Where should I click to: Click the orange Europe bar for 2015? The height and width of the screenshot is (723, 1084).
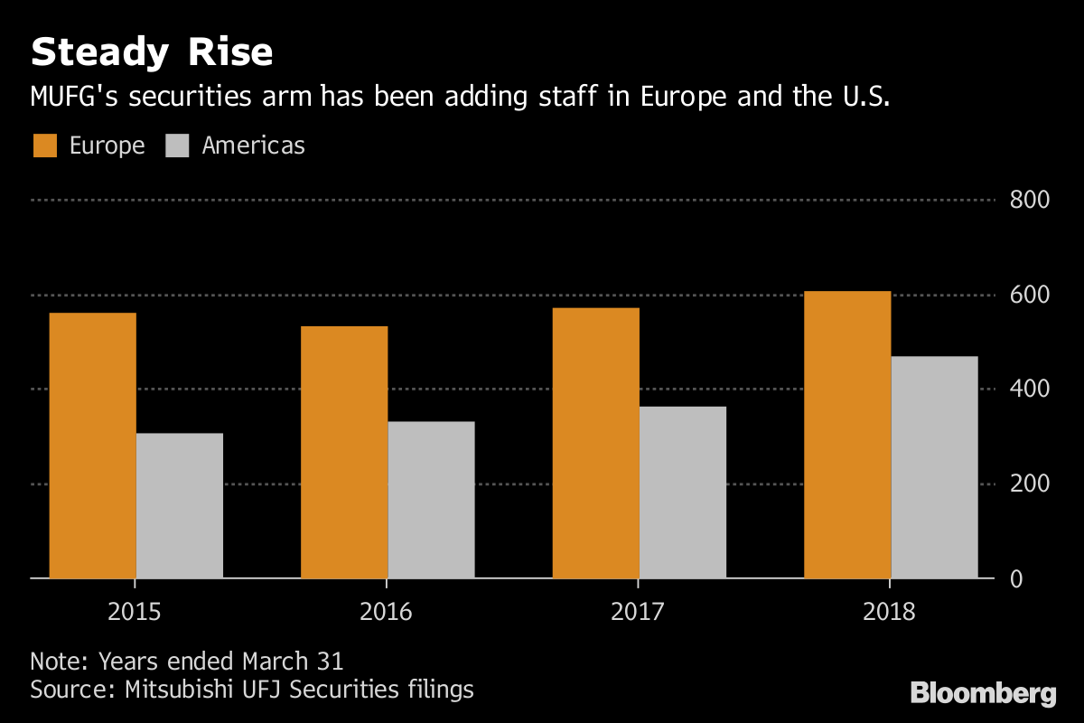click(92, 445)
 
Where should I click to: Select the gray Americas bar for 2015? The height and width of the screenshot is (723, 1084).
click(179, 505)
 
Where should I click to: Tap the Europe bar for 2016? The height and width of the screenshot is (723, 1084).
click(344, 452)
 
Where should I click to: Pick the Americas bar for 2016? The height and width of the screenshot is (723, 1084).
click(431, 499)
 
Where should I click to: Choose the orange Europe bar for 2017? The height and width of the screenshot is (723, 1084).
click(595, 443)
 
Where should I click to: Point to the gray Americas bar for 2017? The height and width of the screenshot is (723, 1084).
click(682, 492)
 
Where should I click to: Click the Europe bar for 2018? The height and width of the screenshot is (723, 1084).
click(847, 434)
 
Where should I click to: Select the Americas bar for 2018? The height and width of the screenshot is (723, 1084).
click(934, 466)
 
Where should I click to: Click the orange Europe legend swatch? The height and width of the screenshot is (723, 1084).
click(45, 146)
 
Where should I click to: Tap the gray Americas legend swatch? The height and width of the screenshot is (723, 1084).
click(177, 146)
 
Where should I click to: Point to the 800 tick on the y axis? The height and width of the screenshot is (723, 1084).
click(1029, 200)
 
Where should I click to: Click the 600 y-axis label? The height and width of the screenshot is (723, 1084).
click(1029, 295)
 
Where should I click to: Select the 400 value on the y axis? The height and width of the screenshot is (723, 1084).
click(1029, 390)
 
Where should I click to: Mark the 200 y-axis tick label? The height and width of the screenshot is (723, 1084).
click(1029, 484)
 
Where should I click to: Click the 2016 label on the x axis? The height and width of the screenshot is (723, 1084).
click(387, 613)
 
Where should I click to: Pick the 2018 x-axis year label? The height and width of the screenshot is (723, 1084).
click(890, 613)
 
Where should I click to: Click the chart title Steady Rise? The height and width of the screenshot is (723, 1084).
click(152, 53)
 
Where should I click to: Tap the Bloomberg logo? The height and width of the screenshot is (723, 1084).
click(983, 694)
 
